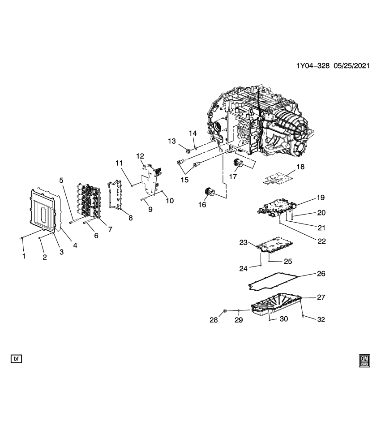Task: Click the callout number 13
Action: tap(172, 142)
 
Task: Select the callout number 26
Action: tap(321, 273)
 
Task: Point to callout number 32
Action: tap(321, 319)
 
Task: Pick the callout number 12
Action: tap(140, 156)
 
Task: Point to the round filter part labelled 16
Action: tap(210, 193)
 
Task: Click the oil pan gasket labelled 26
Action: tap(269, 282)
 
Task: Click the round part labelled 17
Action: tap(238, 164)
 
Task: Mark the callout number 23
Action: tap(243, 242)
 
